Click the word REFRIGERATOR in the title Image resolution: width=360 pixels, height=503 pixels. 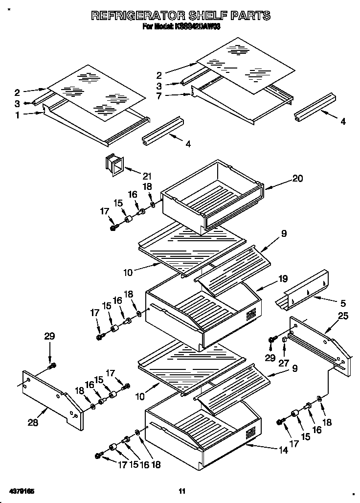point(133,16)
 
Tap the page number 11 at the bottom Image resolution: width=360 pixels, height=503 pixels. point(182,491)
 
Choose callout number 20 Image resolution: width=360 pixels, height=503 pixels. point(297,179)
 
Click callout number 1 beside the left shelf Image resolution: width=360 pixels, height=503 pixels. point(18,115)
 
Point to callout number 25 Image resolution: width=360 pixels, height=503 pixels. point(343,317)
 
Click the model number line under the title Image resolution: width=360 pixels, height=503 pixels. point(181,28)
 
